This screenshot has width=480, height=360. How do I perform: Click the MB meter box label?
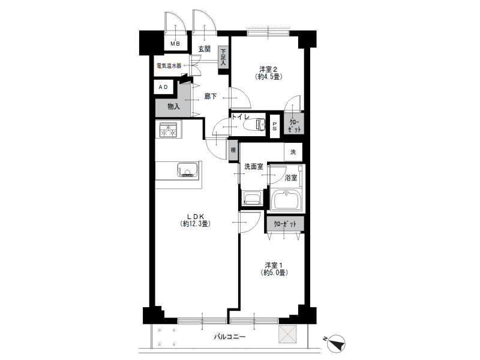(x=175, y=44)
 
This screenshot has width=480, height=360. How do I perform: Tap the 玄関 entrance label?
(x=204, y=49)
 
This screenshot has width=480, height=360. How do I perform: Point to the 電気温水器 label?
(x=169, y=65)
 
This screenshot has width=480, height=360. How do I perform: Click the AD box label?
(x=163, y=87)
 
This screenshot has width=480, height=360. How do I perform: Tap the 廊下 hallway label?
(x=211, y=97)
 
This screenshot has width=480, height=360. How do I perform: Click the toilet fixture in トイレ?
(x=254, y=125)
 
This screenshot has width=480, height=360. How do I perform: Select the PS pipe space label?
(x=275, y=127)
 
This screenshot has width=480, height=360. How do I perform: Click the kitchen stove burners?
(x=168, y=130)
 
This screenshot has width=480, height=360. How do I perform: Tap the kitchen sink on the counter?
(x=188, y=170)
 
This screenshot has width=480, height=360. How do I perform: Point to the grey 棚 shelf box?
(x=233, y=151)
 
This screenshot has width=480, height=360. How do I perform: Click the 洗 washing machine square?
(x=293, y=152)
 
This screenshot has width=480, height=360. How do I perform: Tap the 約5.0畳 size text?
(x=274, y=272)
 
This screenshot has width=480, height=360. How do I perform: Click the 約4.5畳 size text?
(x=268, y=77)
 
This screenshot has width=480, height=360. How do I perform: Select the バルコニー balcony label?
(x=229, y=337)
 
